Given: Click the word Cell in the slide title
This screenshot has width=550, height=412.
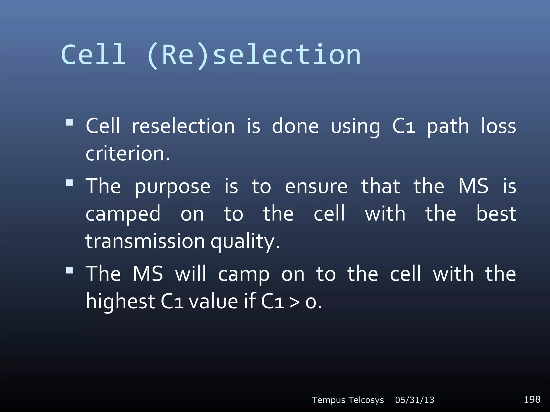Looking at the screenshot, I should [x=93, y=55].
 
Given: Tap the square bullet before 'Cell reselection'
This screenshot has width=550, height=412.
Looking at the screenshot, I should [x=70, y=123].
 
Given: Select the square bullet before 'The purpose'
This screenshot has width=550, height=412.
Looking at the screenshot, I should [x=70, y=183].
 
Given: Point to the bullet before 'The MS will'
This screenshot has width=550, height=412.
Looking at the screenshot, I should [x=70, y=270].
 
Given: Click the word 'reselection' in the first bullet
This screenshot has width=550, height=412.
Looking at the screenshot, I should [x=183, y=126].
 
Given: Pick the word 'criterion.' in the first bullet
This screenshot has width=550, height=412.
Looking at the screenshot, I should [x=128, y=154].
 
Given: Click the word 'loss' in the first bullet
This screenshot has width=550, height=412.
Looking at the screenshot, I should [x=498, y=126].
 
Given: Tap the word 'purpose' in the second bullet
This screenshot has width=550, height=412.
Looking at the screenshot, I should [x=172, y=187].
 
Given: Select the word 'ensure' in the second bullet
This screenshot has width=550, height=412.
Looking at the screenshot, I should [x=316, y=187].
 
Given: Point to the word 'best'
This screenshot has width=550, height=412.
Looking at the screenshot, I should [x=496, y=214].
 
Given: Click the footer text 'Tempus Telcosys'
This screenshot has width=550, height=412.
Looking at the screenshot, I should [x=348, y=400].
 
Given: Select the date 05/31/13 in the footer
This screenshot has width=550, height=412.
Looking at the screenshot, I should [x=415, y=400].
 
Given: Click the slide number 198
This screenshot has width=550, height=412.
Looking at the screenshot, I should [x=532, y=399].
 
